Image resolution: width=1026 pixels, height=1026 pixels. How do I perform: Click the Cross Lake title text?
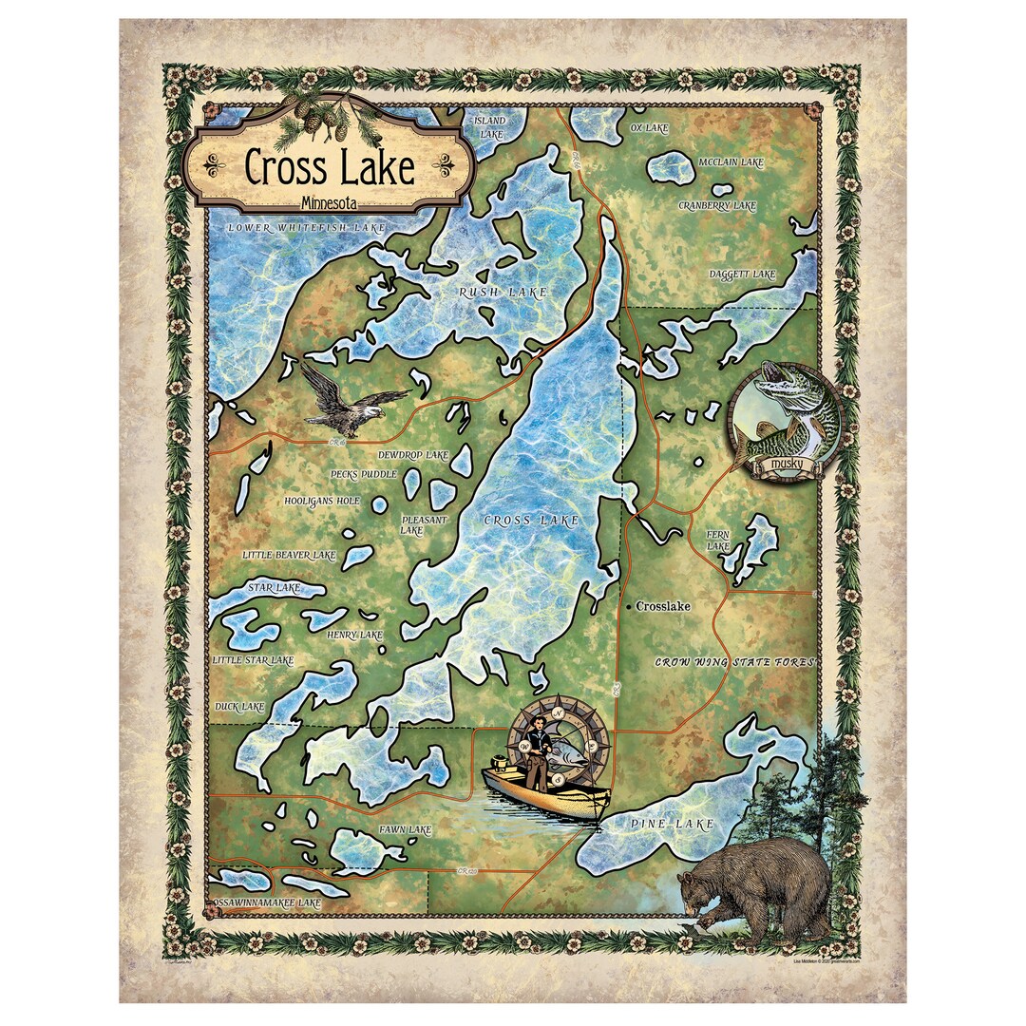tap(330, 167)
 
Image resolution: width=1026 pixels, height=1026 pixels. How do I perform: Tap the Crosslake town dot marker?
tap(628, 605)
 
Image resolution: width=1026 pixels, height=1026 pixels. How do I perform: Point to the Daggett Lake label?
tap(742, 275)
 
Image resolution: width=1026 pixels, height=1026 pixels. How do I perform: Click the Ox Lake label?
tap(650, 127)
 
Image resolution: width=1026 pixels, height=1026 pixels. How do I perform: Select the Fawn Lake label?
tap(406, 829)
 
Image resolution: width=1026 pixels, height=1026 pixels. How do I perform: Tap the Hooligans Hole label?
tap(322, 500)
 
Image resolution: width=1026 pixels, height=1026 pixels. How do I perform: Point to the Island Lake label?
tap(490, 127)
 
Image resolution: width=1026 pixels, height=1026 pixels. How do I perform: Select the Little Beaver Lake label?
tap(289, 554)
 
